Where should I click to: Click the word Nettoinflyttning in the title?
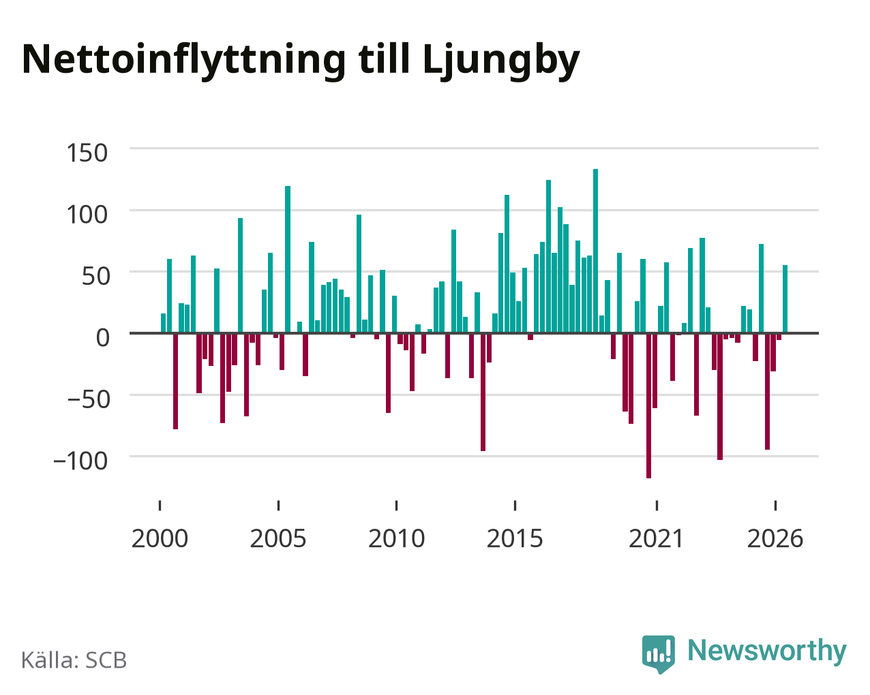tap(183, 60)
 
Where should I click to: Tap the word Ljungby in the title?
tap(501, 60)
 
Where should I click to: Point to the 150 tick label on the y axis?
tap(87, 153)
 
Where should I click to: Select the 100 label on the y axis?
tap(87, 215)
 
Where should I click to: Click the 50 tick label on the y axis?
tap(95, 277)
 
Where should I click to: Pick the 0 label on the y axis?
tap(103, 338)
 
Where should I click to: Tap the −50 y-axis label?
tap(89, 400)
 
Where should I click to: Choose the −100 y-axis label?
tap(80, 461)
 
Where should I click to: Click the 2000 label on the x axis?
tap(160, 538)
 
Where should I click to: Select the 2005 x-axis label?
tap(278, 538)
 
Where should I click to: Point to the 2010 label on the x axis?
tap(396, 538)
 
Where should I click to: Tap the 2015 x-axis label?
tap(515, 538)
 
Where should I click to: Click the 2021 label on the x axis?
tap(656, 538)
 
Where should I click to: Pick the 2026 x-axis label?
tap(775, 538)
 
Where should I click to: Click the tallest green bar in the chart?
tap(595, 251)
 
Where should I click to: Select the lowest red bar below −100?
tap(649, 405)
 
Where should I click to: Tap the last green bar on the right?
tap(785, 299)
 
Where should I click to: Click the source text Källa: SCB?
tap(74, 661)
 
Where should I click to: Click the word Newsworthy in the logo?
tap(767, 651)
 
